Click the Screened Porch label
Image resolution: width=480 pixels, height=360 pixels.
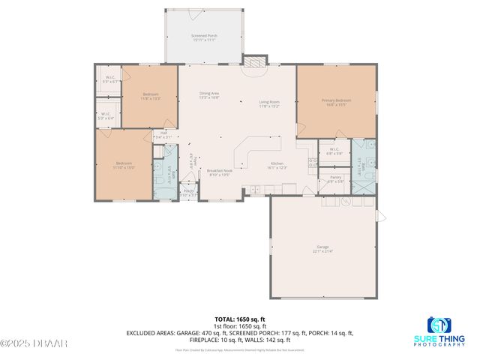(203, 37)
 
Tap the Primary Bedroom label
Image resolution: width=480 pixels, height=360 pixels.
(337, 102)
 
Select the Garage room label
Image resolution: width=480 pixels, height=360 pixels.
(322, 247)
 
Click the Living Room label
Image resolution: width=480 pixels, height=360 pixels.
(269, 104)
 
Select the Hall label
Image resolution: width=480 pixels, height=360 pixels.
(163, 135)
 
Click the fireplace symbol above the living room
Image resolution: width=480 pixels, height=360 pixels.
(257, 62)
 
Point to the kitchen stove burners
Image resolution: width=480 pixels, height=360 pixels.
(312, 160)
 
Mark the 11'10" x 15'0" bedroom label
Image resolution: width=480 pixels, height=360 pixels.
(124, 165)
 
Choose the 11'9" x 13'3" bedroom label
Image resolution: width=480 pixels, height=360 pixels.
(151, 95)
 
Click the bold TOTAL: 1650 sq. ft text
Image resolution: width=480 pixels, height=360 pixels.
(239, 319)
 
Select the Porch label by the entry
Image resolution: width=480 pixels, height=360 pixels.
(190, 193)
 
